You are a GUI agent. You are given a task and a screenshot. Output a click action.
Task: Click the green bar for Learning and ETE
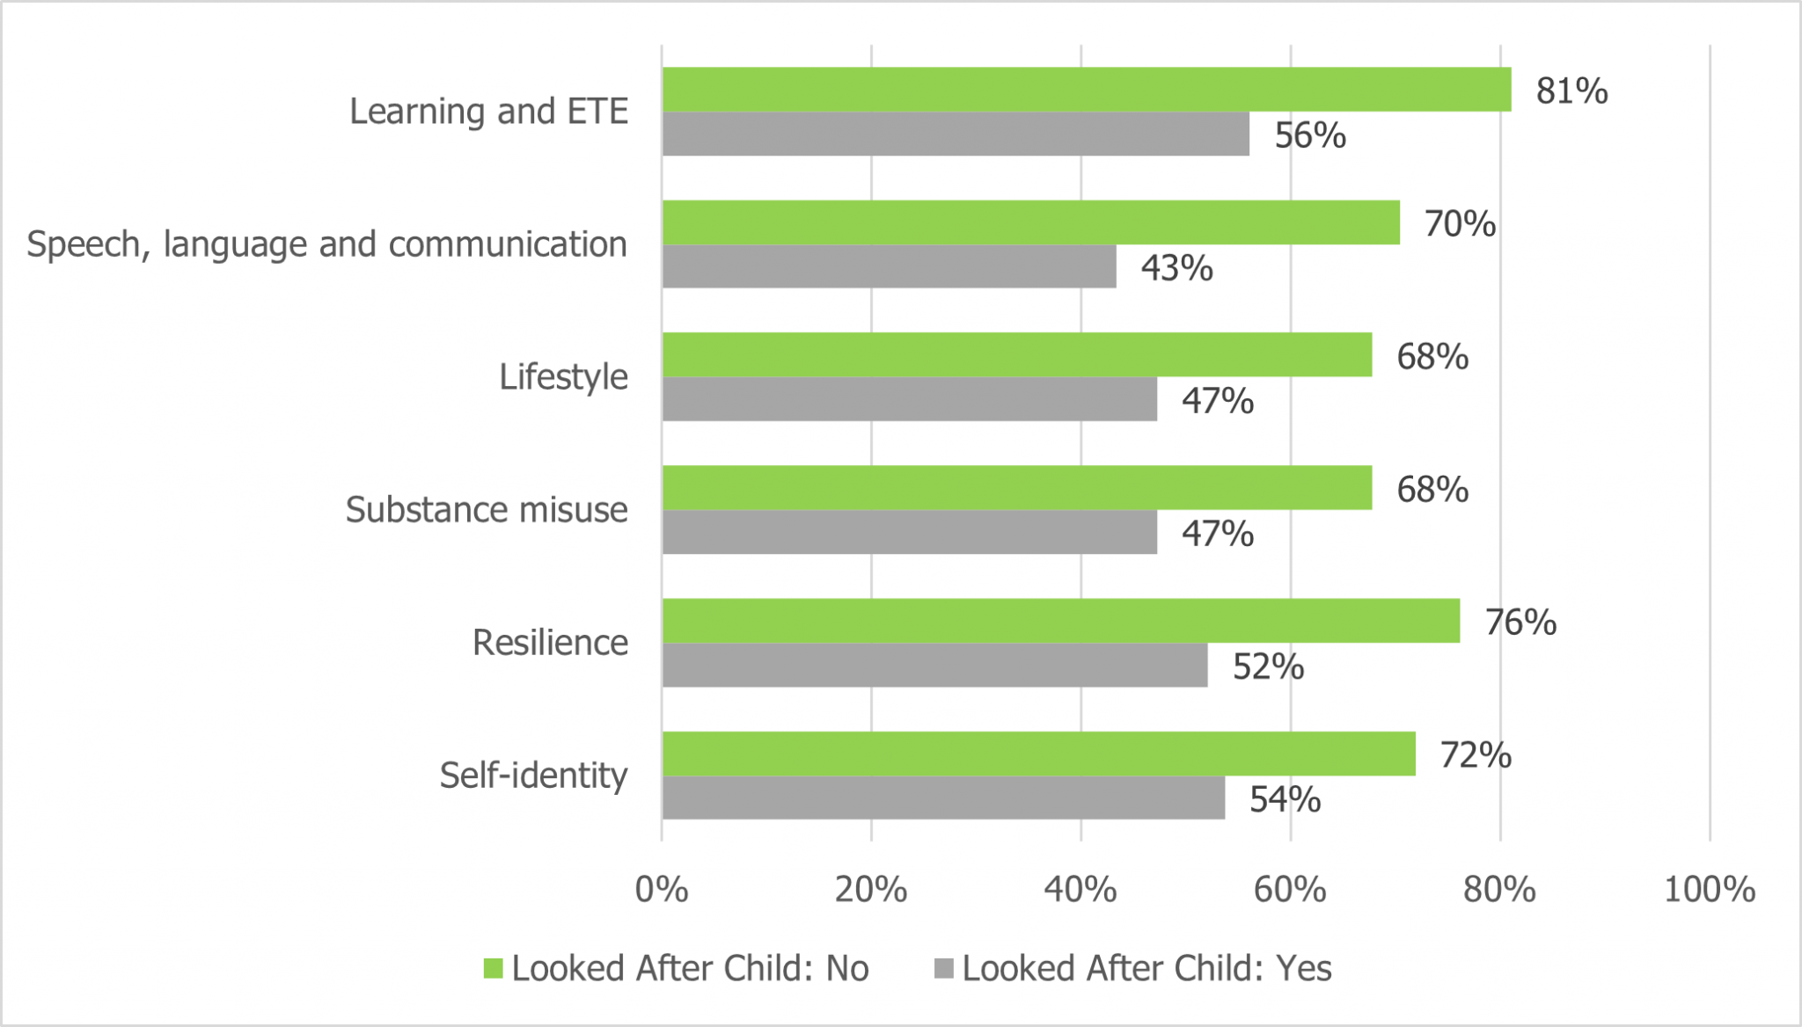[1087, 90]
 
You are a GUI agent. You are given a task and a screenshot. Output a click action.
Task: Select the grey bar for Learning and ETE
[956, 135]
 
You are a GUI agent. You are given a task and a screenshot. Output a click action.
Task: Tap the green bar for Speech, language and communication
[1030, 222]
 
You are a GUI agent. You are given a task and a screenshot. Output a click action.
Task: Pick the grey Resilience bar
[934, 666]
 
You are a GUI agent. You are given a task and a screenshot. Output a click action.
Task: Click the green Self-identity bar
[1038, 754]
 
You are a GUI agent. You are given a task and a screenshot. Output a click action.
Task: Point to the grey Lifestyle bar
[909, 399]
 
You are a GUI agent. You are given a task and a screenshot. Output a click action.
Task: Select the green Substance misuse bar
[1016, 488]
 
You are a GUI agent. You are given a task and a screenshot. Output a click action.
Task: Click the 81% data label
[1571, 91]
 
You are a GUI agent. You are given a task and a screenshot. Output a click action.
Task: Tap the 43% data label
[1176, 267]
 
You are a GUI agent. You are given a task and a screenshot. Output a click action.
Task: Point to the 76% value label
[1520, 622]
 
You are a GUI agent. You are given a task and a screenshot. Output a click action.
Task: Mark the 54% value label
[1285, 799]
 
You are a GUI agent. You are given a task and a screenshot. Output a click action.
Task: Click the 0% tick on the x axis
[662, 890]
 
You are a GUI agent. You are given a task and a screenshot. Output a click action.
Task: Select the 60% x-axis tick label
[1290, 890]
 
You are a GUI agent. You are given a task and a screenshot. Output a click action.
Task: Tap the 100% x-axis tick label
[1709, 890]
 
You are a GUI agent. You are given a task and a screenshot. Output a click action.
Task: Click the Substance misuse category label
[487, 509]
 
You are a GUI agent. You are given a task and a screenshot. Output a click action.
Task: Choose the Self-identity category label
[533, 775]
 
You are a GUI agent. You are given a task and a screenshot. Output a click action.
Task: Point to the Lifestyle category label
[563, 376]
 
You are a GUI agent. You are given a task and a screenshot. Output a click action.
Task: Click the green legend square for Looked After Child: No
[494, 969]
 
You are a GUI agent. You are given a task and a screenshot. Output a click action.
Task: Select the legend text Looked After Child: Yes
[1146, 968]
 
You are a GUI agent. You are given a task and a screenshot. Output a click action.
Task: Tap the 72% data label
[1476, 754]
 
